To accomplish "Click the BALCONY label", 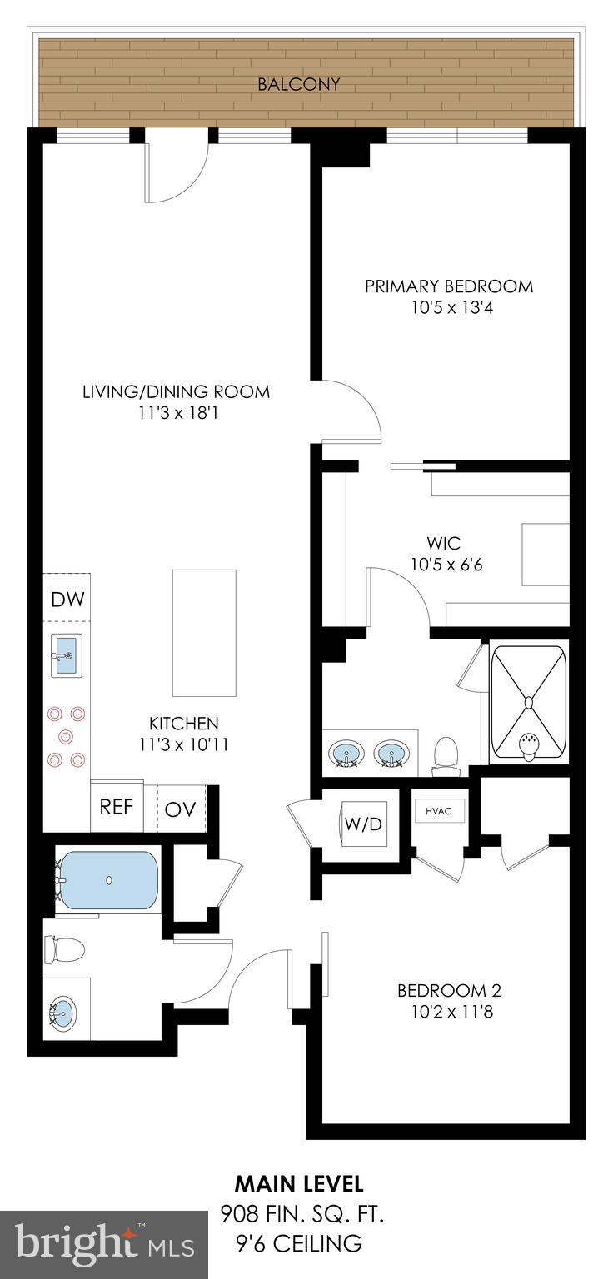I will coord(298,84).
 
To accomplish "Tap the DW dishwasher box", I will coord(67,599).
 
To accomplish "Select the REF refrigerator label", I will coord(117,807).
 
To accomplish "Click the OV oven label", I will coord(180,809).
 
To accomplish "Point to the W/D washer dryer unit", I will coord(363,824).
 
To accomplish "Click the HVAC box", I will coord(439,811).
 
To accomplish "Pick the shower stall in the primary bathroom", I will coord(528,702).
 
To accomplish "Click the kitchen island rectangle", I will coord(204,633).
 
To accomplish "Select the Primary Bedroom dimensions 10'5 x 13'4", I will coord(449,307).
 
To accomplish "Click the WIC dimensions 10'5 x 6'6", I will coord(446,565).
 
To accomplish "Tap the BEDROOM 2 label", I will coord(449,991).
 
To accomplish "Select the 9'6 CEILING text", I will coord(298,1243).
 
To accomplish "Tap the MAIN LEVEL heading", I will coord(298,1182).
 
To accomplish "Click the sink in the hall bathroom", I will coord(63,1013).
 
